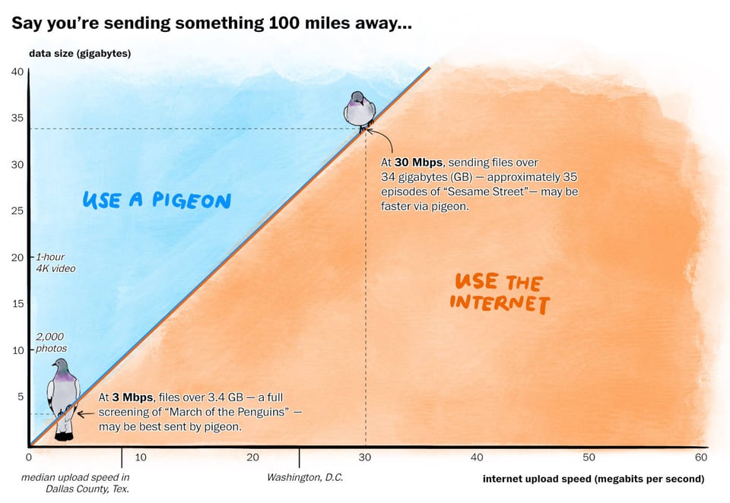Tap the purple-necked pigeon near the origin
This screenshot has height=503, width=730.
[63, 397]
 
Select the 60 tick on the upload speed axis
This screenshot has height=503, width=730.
[701, 457]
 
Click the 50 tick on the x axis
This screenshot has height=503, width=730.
[589, 457]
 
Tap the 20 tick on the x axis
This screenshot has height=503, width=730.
[252, 457]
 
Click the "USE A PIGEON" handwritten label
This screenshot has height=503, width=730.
[156, 201]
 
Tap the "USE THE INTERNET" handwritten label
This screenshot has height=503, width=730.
[500, 293]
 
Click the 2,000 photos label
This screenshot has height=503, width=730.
[51, 343]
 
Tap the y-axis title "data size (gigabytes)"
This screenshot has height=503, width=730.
[80, 53]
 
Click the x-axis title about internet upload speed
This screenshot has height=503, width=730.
[593, 479]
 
